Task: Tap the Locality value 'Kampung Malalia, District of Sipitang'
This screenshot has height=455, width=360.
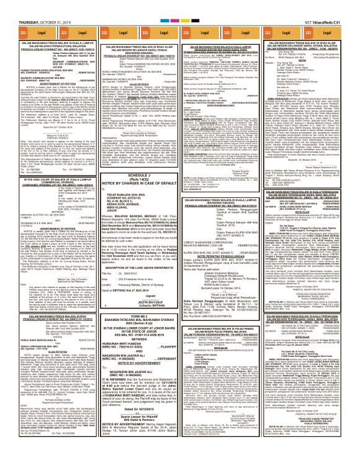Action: (145, 275)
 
